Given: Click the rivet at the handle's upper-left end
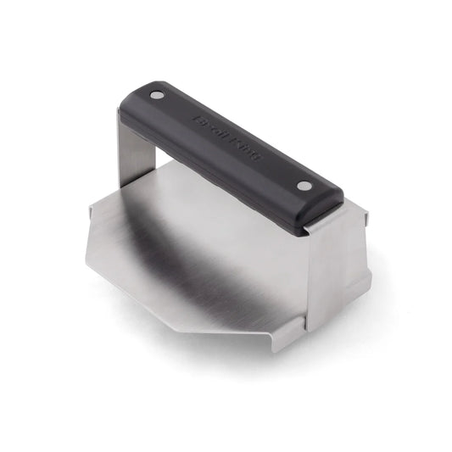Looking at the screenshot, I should tap(155, 96).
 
